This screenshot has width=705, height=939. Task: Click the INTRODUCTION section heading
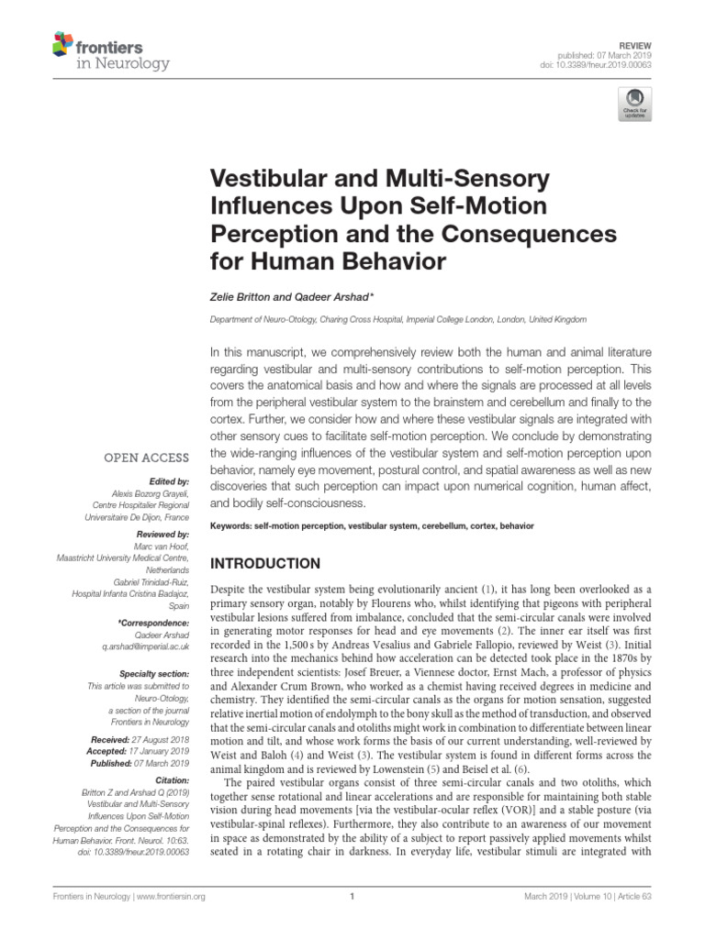click(266, 563)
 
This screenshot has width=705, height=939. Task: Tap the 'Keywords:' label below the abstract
click(237, 526)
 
